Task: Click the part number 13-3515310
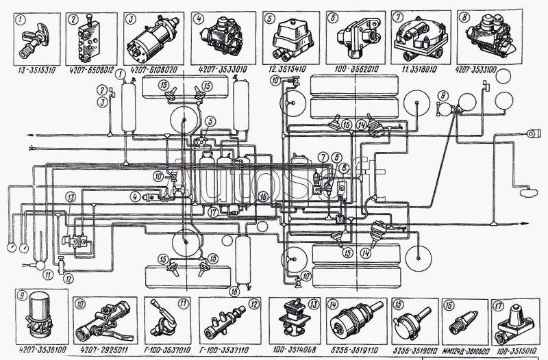tap(36, 69)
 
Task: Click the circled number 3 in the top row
tap(130, 18)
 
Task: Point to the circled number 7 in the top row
tap(397, 17)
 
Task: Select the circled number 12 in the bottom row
tap(253, 305)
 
